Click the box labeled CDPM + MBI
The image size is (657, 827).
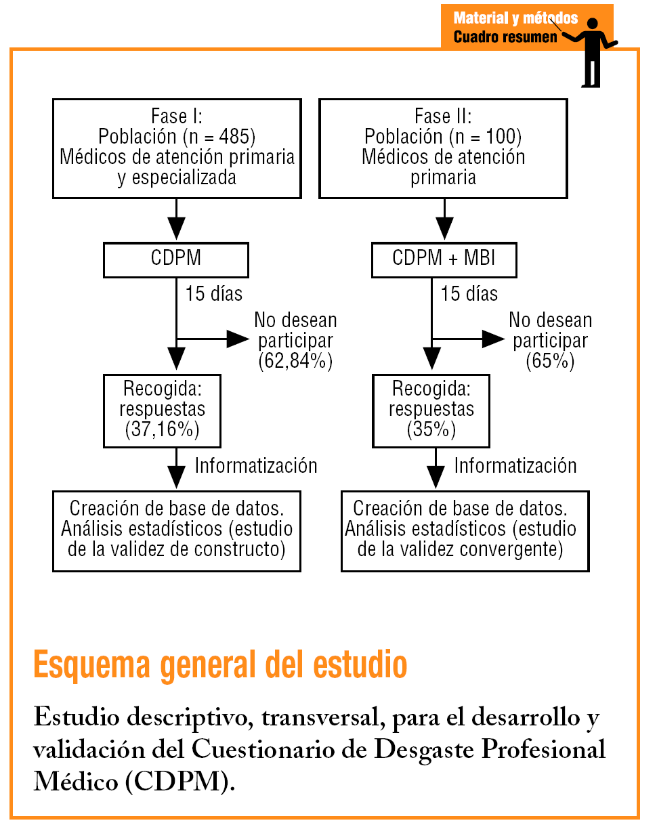(x=444, y=259)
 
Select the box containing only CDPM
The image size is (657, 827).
(x=176, y=259)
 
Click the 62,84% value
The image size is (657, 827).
(x=295, y=360)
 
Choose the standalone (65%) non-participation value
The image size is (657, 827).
(x=549, y=360)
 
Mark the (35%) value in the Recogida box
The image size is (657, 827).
(x=431, y=430)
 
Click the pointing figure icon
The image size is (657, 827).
(x=594, y=51)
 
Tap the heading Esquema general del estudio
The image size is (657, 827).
(x=220, y=664)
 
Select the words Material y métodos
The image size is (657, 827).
(x=515, y=18)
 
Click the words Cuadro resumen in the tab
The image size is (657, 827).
(x=505, y=37)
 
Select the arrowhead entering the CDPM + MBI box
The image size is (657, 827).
(x=444, y=232)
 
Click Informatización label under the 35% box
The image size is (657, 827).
(x=515, y=466)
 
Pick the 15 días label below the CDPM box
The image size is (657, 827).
(x=214, y=293)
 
